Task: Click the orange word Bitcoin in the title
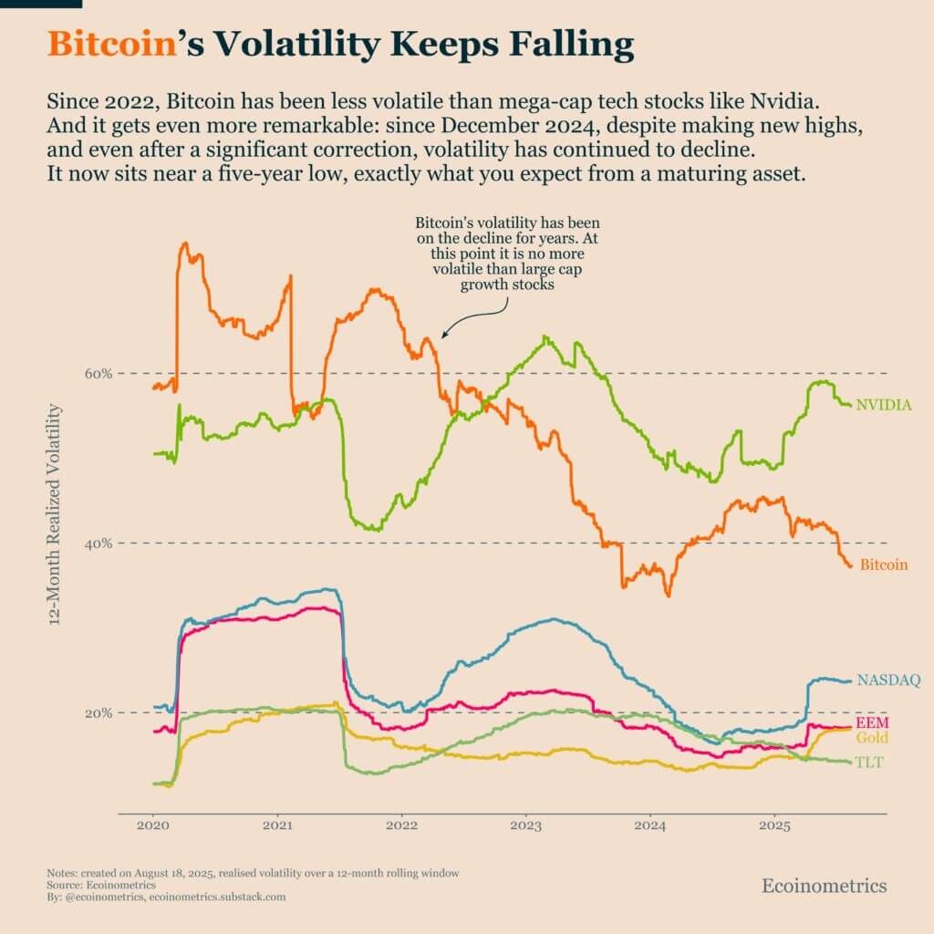(x=109, y=44)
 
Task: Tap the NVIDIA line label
(x=884, y=404)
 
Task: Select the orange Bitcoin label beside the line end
(x=884, y=565)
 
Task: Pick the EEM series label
(x=871, y=723)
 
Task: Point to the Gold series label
(x=871, y=738)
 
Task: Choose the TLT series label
(x=868, y=763)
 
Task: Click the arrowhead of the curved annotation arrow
(x=443, y=336)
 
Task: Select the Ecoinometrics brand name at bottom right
(x=824, y=886)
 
